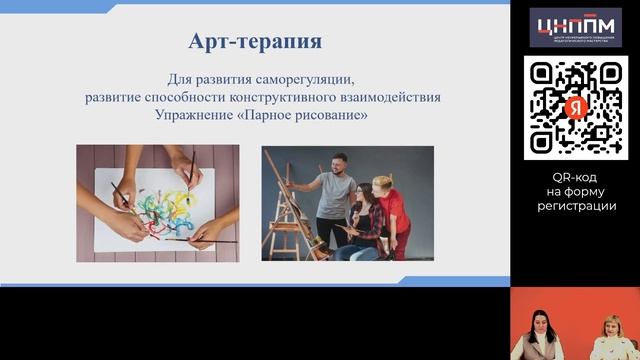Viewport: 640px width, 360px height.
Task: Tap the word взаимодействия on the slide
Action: tap(398, 97)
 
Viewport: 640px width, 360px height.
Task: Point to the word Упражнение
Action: tap(194, 116)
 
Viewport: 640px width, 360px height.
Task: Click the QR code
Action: tap(575, 107)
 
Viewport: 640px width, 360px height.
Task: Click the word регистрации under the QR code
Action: tap(575, 205)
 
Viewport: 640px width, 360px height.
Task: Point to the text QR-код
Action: tap(575, 175)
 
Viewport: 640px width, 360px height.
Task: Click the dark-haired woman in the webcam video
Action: tap(533, 336)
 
